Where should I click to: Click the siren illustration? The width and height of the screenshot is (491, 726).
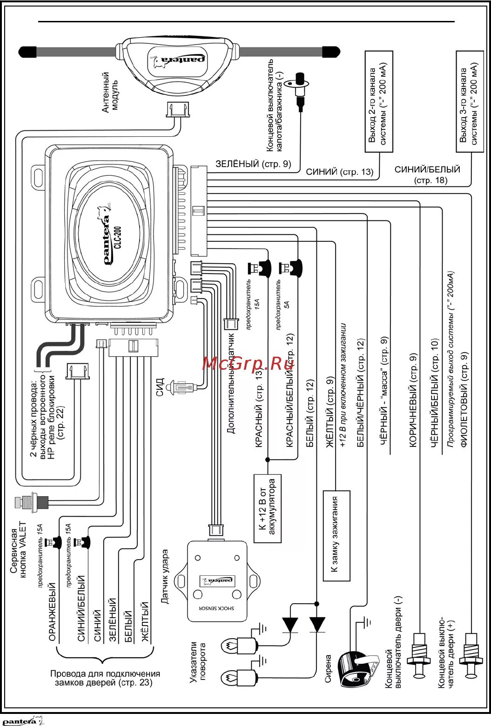(355, 669)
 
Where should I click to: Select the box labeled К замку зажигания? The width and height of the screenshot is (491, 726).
(336, 535)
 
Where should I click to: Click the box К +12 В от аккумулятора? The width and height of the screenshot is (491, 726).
(267, 508)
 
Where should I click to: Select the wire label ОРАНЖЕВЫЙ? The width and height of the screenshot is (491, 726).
(52, 612)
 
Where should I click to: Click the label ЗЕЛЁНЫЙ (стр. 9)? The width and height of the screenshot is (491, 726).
(253, 164)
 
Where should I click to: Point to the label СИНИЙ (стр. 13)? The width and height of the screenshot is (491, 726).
(340, 172)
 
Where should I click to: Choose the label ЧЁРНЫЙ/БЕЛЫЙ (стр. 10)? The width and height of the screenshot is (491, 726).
(435, 393)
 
